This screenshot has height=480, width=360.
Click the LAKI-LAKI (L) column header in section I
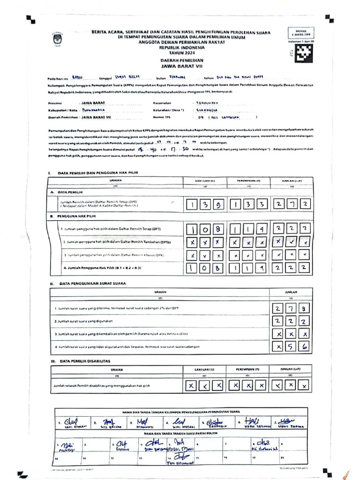(205, 180)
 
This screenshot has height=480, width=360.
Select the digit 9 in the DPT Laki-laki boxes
(219, 205)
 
